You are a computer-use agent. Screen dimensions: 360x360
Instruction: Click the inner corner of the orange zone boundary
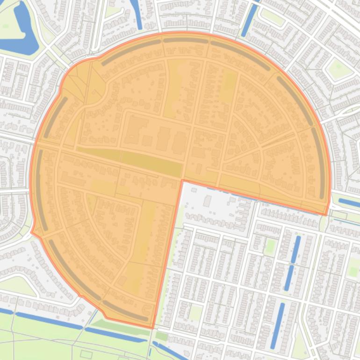[182, 180]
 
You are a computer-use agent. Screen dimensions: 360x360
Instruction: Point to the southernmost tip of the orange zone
[152, 328]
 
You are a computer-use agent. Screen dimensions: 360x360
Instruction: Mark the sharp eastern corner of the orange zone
[326, 215]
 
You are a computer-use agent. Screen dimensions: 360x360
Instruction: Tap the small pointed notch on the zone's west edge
[32, 231]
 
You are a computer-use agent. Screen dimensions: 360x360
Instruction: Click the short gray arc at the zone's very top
[186, 41]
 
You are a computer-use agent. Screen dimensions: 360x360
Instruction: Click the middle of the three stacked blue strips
[289, 278]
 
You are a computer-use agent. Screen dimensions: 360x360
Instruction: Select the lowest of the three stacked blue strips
[278, 319]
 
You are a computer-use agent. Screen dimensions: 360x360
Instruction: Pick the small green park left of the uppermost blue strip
[270, 246]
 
